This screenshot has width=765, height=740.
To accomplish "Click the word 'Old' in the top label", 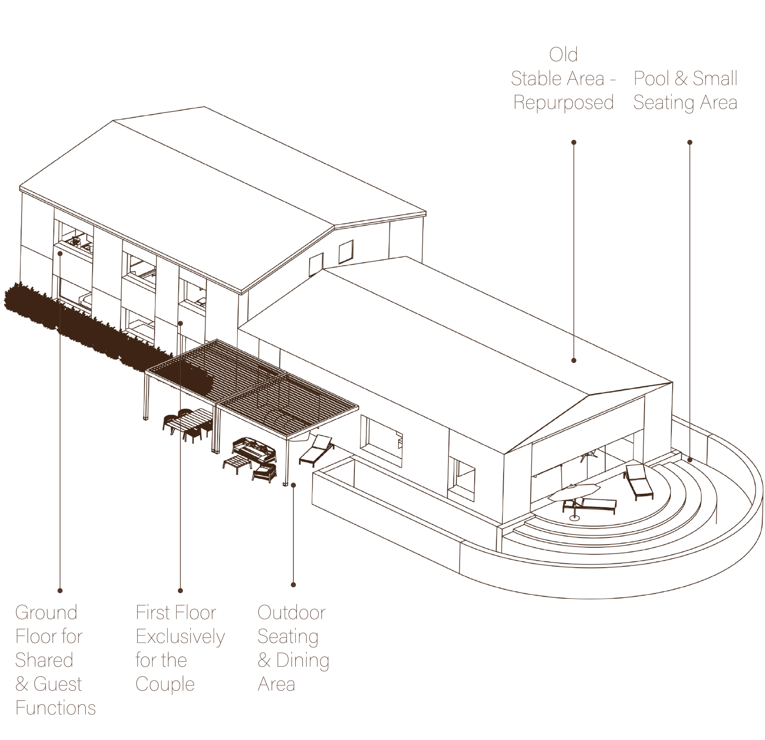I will tap(562, 55).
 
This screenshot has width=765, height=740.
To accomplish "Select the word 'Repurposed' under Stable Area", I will tap(563, 103).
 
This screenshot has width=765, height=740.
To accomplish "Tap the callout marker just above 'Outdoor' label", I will tap(293, 585).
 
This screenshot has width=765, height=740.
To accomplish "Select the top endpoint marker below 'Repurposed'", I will tap(573, 141).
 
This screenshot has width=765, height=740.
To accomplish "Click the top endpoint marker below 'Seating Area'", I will tap(690, 141).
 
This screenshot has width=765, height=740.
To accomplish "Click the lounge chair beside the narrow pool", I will tap(318, 449).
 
